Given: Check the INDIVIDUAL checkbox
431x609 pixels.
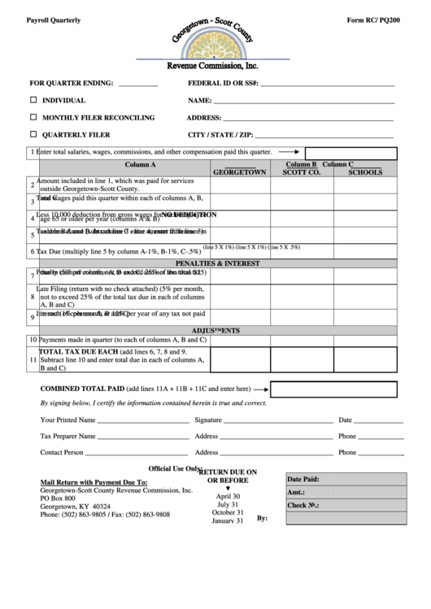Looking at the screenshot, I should [33, 100].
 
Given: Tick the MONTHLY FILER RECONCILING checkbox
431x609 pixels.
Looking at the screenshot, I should [33, 117].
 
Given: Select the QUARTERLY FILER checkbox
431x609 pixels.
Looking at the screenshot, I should [33, 134].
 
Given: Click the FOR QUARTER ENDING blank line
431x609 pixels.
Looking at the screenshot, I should [137, 84].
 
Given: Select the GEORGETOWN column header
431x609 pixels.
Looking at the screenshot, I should [239, 172].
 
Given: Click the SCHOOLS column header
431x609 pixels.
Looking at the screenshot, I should [365, 172].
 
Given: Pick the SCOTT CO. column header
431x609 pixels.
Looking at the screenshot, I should [302, 172].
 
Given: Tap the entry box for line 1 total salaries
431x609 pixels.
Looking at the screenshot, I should [350, 152].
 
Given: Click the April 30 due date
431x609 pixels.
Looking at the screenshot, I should [228, 496].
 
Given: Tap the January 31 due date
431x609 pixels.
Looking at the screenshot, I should [228, 521].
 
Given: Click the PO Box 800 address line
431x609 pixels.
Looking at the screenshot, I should [58, 498].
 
